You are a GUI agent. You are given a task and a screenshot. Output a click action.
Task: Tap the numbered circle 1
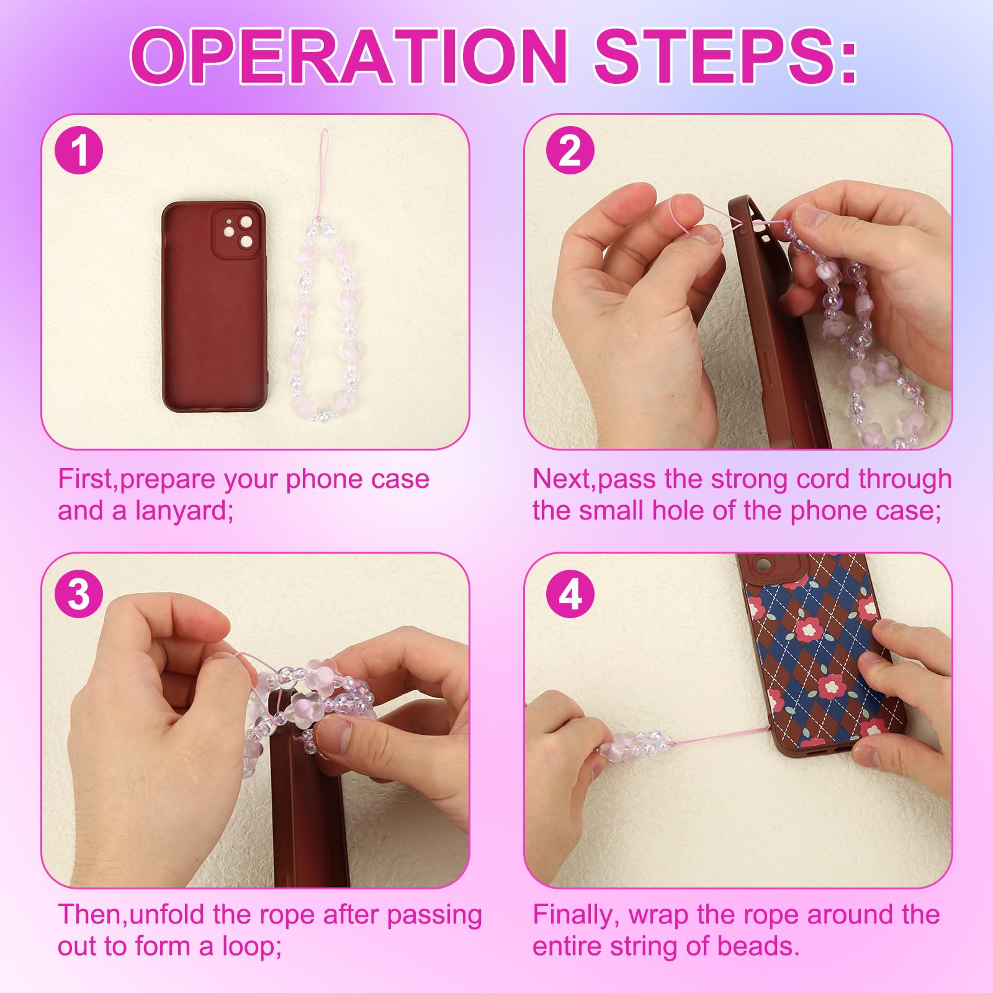pyautogui.click(x=79, y=151)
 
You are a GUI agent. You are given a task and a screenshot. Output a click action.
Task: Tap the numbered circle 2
pyautogui.click(x=570, y=151)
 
